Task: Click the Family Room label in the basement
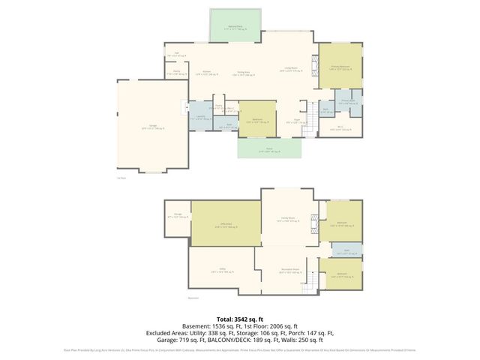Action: (285, 218)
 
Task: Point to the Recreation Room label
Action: (289, 271)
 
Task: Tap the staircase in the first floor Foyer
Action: (305, 132)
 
